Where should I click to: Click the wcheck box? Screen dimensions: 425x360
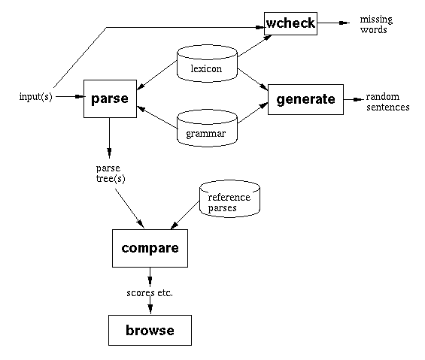(290, 23)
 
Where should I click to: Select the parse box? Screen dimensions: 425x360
(110, 98)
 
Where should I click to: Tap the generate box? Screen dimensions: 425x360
(305, 99)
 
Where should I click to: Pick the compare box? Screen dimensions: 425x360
(150, 249)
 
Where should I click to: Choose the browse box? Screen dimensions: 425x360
(150, 330)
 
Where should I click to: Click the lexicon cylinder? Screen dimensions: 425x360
(207, 64)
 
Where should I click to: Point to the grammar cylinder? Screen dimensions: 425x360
(207, 129)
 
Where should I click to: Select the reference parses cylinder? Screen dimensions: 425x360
(229, 198)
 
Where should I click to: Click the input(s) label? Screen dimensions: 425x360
(36, 96)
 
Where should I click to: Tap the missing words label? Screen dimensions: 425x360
(376, 24)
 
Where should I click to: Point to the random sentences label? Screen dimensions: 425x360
(388, 102)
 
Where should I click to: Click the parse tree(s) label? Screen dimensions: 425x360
(111, 174)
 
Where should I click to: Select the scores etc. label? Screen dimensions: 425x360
(150, 293)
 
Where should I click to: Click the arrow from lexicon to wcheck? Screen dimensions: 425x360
(254, 46)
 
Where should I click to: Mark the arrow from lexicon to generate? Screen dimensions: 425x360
(253, 80)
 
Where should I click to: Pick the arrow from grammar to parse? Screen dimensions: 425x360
(157, 117)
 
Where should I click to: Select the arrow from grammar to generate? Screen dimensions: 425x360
(253, 113)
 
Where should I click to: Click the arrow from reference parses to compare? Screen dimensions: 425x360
(185, 215)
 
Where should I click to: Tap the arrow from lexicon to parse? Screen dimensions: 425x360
(157, 75)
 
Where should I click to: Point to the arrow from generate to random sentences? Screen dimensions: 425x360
(354, 100)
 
